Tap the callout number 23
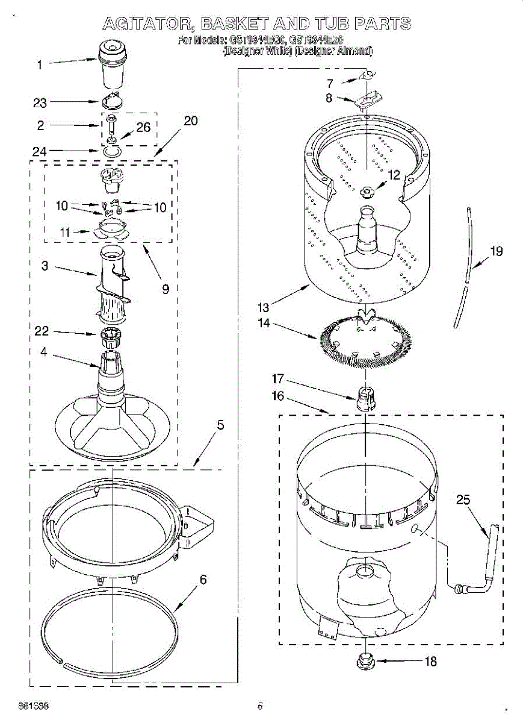click(40, 103)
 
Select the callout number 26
click(143, 127)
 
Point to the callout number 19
click(496, 251)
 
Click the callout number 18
click(430, 662)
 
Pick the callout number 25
click(463, 499)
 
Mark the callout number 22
click(42, 331)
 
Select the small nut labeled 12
click(367, 191)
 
